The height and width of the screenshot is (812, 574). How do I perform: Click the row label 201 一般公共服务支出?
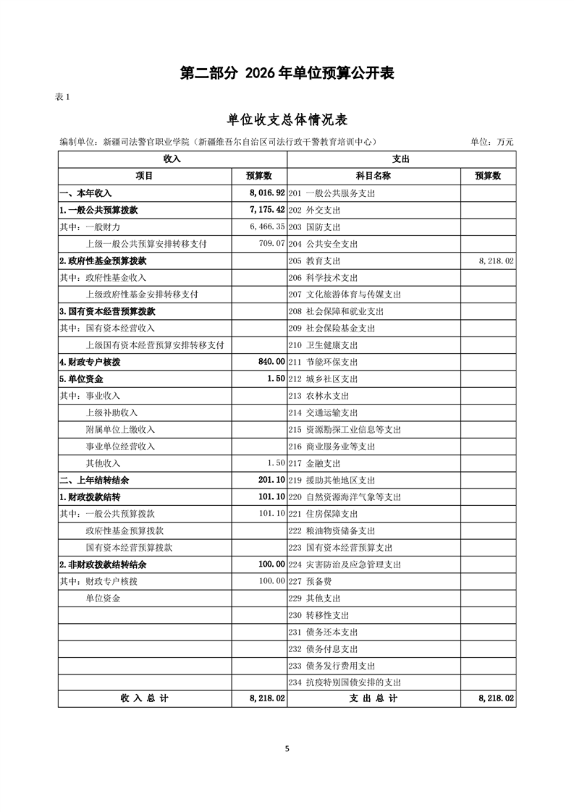(x=332, y=193)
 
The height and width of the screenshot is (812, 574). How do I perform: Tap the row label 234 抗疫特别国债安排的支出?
(x=345, y=682)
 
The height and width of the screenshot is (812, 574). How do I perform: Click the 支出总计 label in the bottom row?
(x=373, y=699)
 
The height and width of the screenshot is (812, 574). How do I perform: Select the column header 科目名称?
(x=373, y=176)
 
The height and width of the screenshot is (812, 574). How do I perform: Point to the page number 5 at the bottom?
(x=287, y=749)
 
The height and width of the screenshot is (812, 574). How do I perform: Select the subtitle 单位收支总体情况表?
(x=287, y=119)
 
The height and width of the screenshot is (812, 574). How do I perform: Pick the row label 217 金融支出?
(x=314, y=463)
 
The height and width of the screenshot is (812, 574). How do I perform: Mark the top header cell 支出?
(x=401, y=158)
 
